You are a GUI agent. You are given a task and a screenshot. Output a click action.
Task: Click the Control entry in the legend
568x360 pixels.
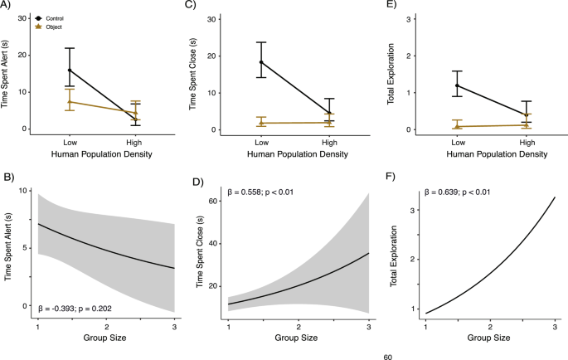pyautogui.click(x=51, y=17)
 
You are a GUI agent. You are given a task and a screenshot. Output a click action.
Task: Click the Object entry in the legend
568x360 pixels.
pyautogui.click(x=51, y=27)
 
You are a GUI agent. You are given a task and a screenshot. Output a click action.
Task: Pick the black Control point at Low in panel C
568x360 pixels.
pyautogui.click(x=262, y=62)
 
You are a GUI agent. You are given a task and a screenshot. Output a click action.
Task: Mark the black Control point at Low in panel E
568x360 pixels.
pyautogui.click(x=457, y=85)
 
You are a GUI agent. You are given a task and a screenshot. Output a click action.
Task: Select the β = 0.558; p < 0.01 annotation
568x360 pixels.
pyautogui.click(x=267, y=194)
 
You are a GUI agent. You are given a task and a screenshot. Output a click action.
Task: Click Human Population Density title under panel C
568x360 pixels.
pyautogui.click(x=299, y=153)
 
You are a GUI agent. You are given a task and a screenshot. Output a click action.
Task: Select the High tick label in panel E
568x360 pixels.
pyautogui.click(x=527, y=143)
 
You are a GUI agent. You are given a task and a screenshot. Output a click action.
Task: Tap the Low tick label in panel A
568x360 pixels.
pyautogui.click(x=72, y=143)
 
